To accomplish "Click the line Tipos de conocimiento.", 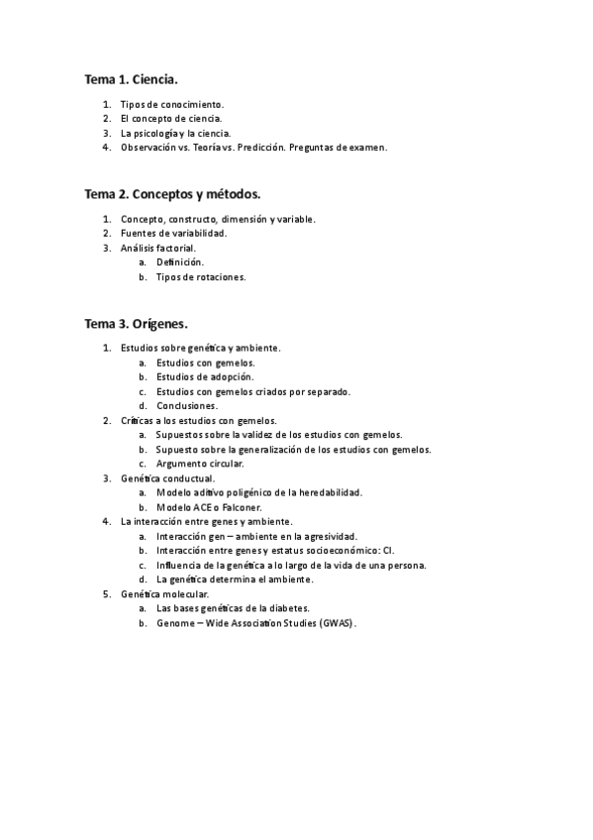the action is click(172, 104).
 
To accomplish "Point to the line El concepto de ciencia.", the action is click(171, 119).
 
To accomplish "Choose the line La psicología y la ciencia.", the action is click(175, 133).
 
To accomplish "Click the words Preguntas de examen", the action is click(338, 148).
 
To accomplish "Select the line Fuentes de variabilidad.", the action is click(173, 233).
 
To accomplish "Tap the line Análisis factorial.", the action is click(158, 248).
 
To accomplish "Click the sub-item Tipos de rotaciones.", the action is click(201, 277).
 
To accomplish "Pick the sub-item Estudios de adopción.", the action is click(205, 376).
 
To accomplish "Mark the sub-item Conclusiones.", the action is click(187, 406).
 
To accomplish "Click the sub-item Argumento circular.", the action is click(199, 464).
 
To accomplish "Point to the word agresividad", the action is click(329, 536).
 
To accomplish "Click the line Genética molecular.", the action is click(164, 593).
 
